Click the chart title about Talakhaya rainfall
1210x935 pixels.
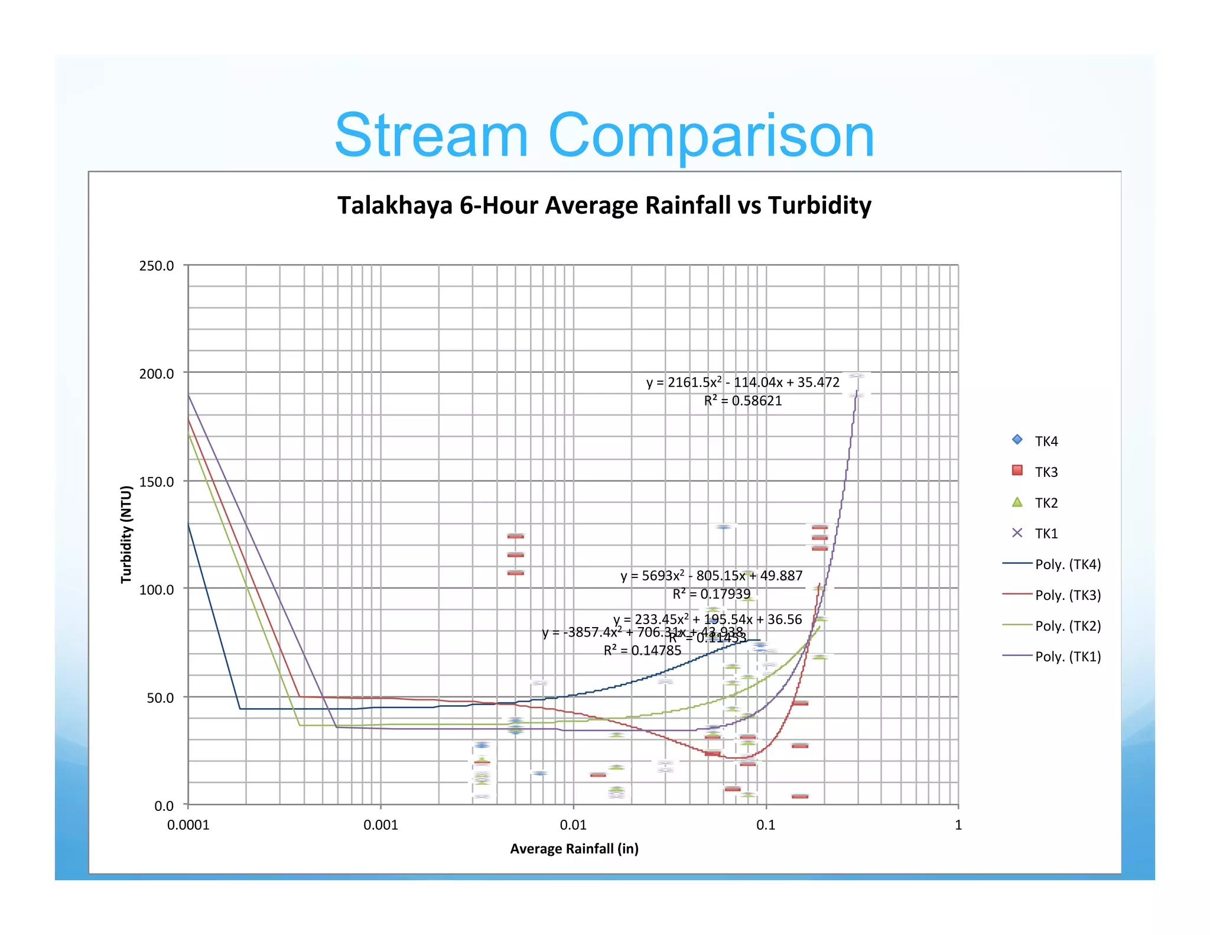[x=604, y=206]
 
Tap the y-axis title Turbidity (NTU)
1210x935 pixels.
[x=126, y=534]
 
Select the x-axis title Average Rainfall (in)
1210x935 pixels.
[x=574, y=849]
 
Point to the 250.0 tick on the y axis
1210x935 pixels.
[x=157, y=266]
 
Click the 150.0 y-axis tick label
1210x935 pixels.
[x=157, y=482]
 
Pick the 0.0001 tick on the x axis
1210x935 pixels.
[x=188, y=825]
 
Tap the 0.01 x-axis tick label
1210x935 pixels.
[x=573, y=825]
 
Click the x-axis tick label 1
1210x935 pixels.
[x=958, y=825]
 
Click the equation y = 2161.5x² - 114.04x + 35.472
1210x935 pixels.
[x=743, y=382]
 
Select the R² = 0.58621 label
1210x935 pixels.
[x=743, y=401]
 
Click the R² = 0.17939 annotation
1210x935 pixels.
[x=711, y=594]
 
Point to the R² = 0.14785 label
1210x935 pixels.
[x=642, y=651]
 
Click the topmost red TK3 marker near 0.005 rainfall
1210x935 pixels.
[x=515, y=536]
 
